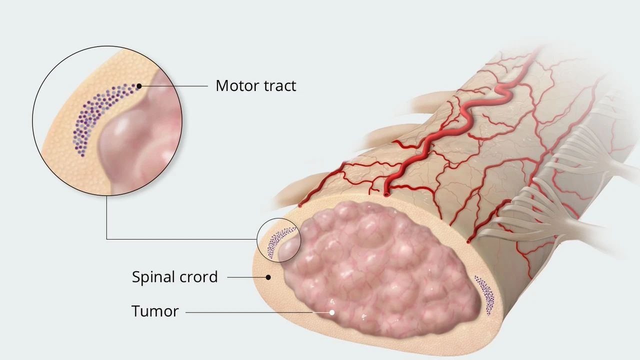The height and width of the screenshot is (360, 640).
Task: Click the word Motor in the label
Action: [233, 85]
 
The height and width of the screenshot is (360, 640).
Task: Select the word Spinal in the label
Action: [153, 276]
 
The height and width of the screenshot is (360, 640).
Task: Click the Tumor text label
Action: [155, 311]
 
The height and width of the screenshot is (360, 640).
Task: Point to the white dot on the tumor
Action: [331, 312]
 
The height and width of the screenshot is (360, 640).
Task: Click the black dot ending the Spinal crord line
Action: [268, 276]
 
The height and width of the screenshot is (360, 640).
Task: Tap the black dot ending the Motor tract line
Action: [139, 86]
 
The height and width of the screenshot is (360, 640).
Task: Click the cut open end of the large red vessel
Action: [386, 193]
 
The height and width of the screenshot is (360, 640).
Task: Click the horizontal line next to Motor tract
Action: [175, 86]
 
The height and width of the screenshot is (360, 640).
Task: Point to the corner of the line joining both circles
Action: [107, 239]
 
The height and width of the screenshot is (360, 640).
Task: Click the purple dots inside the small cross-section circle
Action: [274, 241]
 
